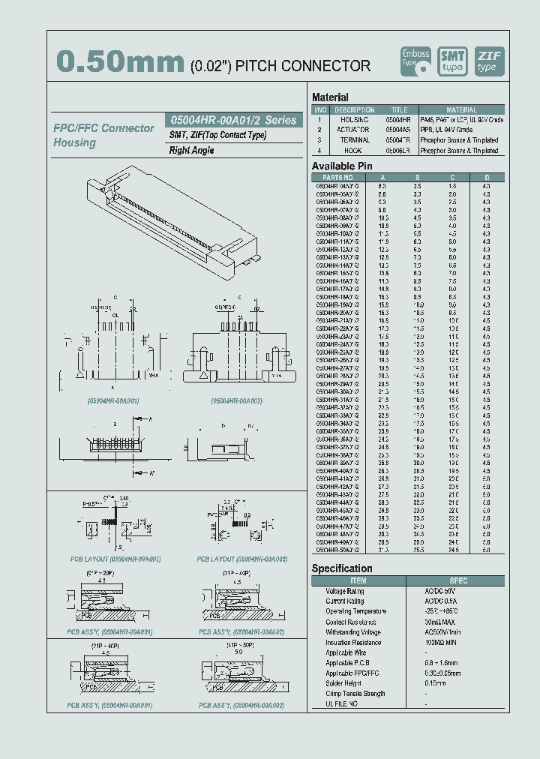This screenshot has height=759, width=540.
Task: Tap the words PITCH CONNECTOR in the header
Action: coord(303,66)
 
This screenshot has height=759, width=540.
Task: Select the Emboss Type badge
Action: coord(415,61)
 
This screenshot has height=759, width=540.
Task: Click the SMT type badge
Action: coord(452,61)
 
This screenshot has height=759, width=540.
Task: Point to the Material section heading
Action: coord(330,97)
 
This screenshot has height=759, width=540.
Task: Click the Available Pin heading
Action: coord(342,166)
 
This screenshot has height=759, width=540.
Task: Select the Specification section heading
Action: coord(342,568)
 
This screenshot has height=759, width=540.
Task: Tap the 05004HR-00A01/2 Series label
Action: coord(233,120)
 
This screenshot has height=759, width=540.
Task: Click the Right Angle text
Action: coord(191,150)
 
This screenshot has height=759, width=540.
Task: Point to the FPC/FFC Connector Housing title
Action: coord(103,135)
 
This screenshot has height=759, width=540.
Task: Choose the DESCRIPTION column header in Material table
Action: coord(354,110)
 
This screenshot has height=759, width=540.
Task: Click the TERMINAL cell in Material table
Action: coord(355,140)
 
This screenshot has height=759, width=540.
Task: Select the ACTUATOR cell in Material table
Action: coord(355,130)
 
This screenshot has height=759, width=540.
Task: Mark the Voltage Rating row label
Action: coord(345,591)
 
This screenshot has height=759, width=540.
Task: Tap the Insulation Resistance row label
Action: coord(353,643)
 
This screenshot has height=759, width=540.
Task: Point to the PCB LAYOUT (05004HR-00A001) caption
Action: coord(115,559)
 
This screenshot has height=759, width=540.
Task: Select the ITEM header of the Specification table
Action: coord(358,580)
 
